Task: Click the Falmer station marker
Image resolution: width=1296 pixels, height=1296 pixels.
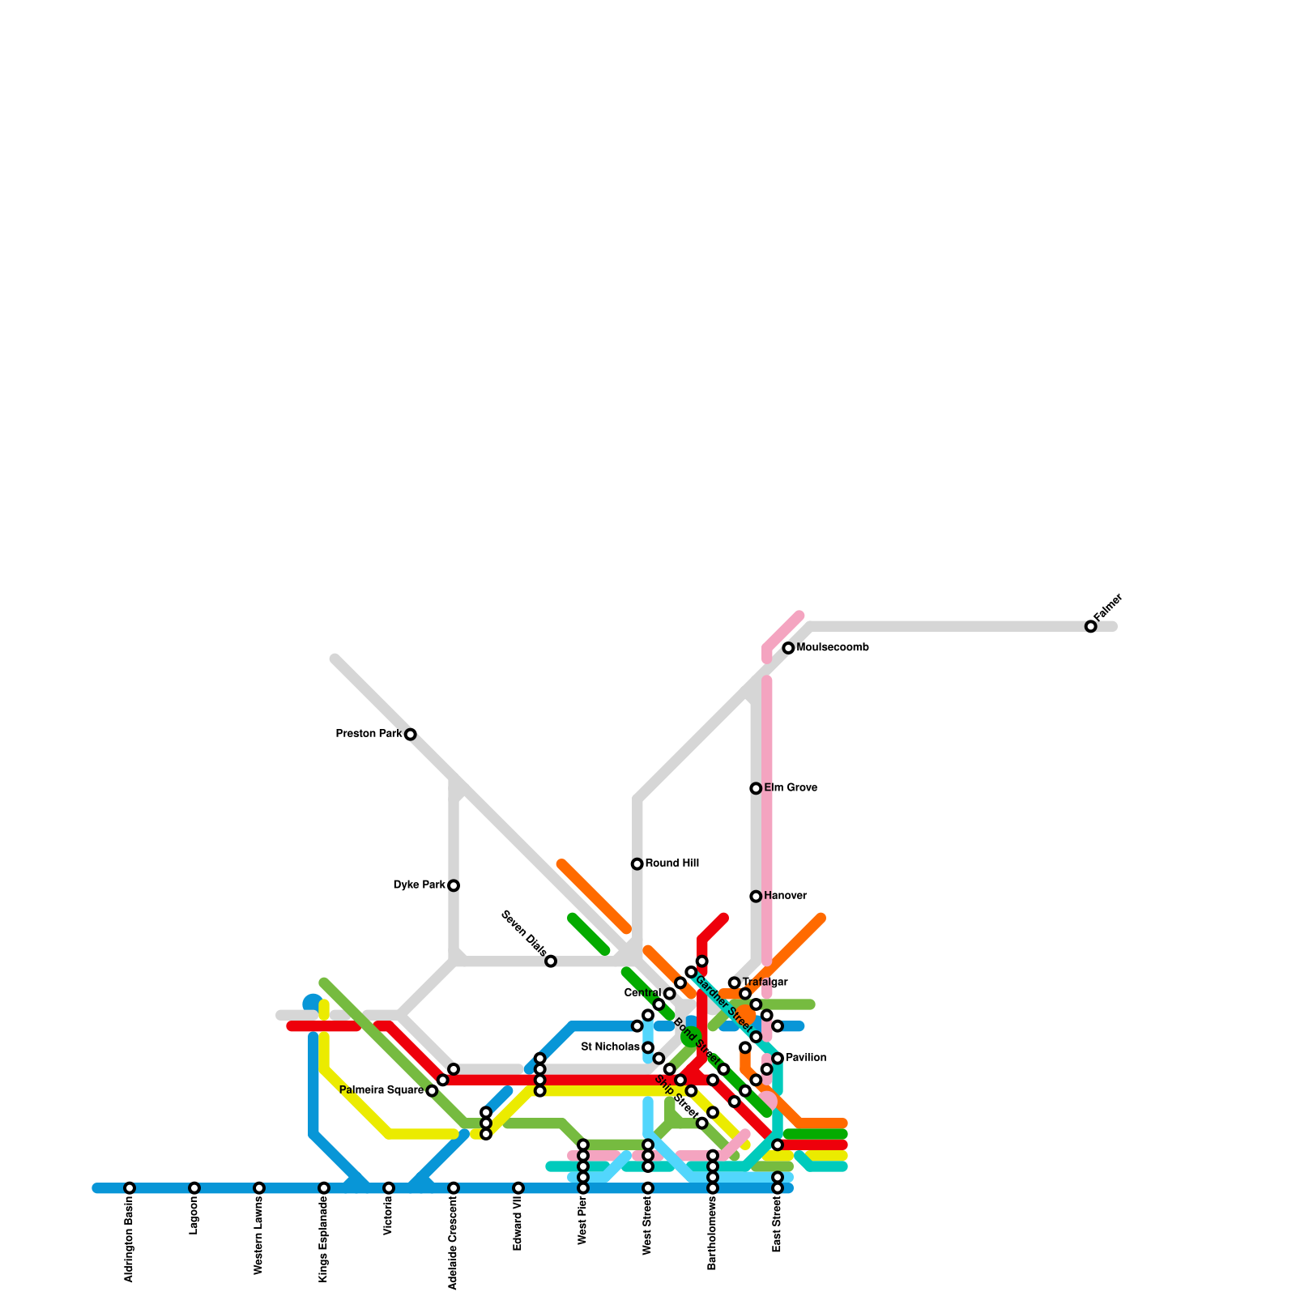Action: tap(1091, 626)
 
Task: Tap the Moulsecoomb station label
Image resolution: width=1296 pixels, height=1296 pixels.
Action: tap(833, 648)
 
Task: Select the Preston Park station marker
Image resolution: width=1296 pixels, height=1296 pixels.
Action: tap(411, 735)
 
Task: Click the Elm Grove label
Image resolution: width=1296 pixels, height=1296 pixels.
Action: tap(791, 788)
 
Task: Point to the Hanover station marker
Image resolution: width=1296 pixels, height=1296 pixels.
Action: tap(756, 897)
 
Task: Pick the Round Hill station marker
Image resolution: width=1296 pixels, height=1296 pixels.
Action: tap(637, 864)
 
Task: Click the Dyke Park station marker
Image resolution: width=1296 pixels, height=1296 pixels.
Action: tap(454, 885)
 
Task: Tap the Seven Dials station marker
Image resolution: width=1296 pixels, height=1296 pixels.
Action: tap(551, 961)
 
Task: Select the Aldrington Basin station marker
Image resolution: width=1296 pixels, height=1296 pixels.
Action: tap(130, 1188)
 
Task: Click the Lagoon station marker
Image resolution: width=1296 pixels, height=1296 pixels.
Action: tap(194, 1188)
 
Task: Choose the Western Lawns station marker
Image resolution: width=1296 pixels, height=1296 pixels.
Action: tap(259, 1188)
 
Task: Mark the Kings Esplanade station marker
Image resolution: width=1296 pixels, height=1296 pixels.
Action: tap(324, 1188)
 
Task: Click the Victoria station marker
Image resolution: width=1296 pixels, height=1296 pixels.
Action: tap(389, 1188)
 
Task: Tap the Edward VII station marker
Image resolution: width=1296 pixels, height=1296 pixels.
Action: tap(518, 1188)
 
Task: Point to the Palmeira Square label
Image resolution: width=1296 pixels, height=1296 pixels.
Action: tap(382, 1090)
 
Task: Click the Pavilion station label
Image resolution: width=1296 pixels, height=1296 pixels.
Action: tap(806, 1058)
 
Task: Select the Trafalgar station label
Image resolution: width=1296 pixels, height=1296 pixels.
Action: tap(765, 983)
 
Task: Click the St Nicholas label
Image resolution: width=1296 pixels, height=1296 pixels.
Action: tap(610, 1047)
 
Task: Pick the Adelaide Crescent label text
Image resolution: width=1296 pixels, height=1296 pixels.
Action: tap(454, 1243)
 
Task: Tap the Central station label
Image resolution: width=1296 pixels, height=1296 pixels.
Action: tap(642, 993)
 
